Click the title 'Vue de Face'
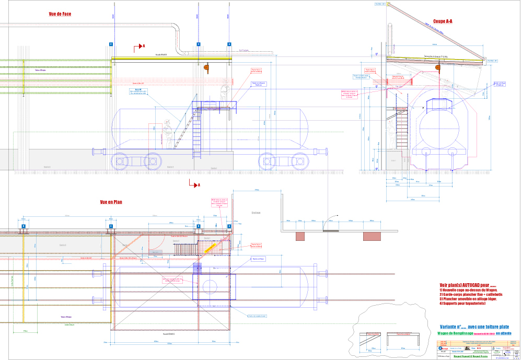coord(60,14)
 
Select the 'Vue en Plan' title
coord(111,202)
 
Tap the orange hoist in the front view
coord(206,67)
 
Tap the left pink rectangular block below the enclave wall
coord(300,236)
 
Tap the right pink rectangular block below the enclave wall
coord(372,236)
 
